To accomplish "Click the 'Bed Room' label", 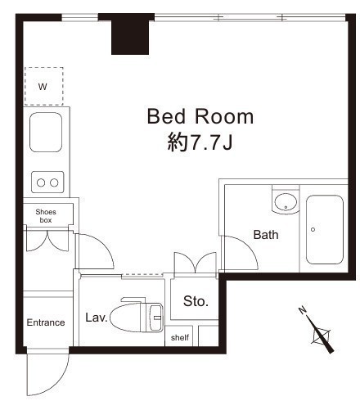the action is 200,116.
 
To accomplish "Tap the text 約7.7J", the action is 200,142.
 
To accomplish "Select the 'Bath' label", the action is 266,235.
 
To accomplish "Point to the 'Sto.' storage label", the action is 196,301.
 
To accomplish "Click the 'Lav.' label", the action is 97,318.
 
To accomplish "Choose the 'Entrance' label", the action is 46,322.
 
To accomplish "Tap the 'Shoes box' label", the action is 46,216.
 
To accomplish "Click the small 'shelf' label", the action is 180,338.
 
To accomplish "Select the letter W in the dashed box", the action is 43,87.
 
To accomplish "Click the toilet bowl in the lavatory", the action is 125,318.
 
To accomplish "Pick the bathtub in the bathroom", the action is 325,230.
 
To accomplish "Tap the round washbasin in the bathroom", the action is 286,202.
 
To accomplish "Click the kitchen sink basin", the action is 46,133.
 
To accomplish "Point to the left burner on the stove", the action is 41,182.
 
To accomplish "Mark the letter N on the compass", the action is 302,310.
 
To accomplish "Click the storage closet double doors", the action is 196,263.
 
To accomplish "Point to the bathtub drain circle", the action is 313,229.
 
